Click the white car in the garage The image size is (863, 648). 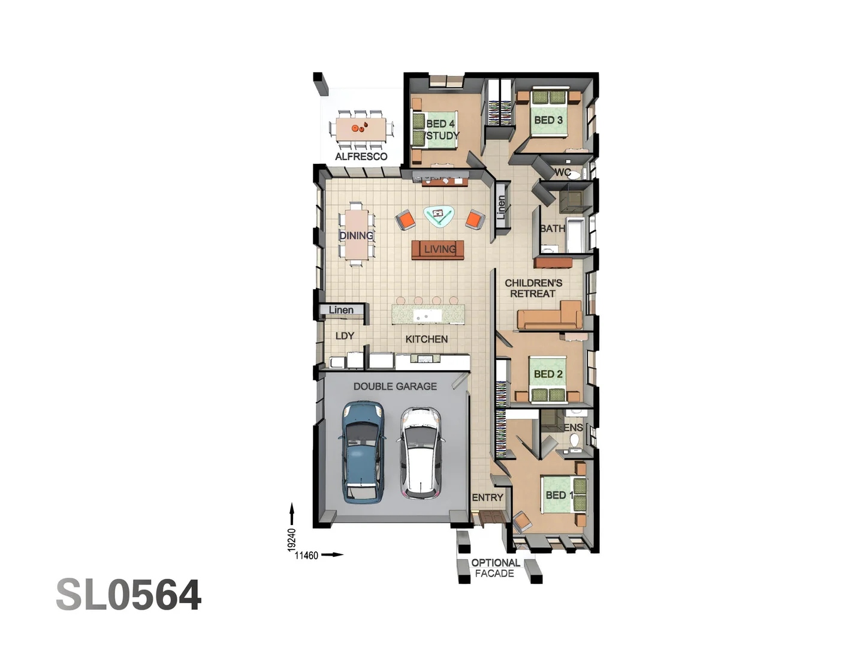[x=421, y=453]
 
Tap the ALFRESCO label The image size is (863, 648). [x=361, y=157]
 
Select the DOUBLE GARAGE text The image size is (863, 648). [x=395, y=386]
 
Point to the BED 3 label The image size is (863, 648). [x=548, y=120]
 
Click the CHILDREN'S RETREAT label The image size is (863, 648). [x=533, y=288]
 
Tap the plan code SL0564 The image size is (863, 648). [x=128, y=595]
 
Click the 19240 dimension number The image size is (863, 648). [x=292, y=539]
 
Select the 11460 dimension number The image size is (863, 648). [x=306, y=556]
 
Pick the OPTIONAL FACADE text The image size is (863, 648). [x=495, y=568]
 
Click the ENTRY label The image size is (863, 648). [x=487, y=497]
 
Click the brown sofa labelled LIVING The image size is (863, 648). [x=438, y=250]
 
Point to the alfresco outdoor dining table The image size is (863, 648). [x=361, y=128]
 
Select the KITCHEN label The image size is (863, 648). [x=426, y=339]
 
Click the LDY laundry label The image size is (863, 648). [x=345, y=336]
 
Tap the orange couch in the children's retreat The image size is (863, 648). [x=549, y=317]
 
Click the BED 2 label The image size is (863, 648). [x=548, y=374]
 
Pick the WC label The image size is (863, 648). [x=562, y=172]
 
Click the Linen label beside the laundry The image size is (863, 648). [x=341, y=310]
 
